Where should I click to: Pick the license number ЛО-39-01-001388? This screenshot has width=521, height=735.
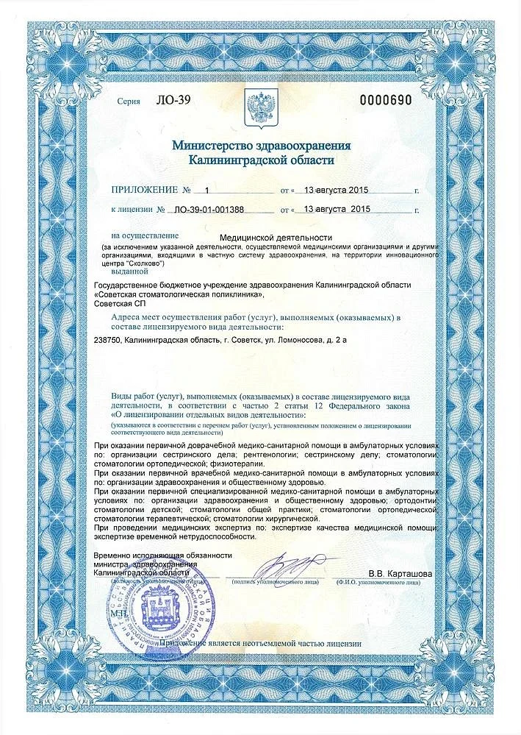tap(209, 210)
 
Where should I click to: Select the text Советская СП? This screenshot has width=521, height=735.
tap(121, 304)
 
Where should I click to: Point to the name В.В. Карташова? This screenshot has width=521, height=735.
tap(400, 573)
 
